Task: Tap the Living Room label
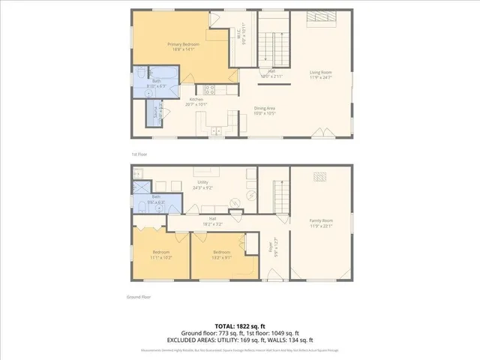tap(320, 73)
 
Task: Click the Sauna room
tap(156, 114)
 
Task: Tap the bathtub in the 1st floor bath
tap(170, 78)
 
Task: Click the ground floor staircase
tap(280, 196)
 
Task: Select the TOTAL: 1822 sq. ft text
tap(239, 325)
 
